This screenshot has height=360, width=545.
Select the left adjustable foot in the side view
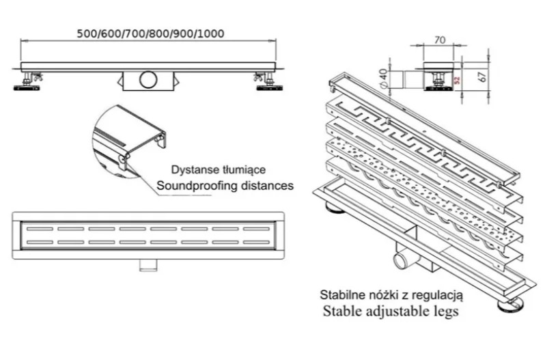(x=27, y=81)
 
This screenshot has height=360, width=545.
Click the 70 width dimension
(x=440, y=40)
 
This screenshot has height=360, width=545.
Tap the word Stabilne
(x=343, y=295)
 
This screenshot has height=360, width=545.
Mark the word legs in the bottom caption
(x=444, y=312)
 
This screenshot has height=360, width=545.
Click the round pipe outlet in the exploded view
(x=401, y=260)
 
